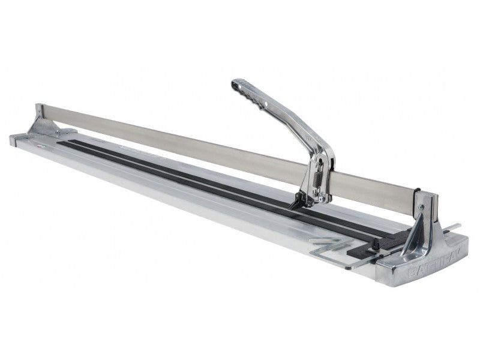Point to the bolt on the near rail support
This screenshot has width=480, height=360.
point(422,207)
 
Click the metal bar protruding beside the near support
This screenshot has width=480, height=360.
point(454,227)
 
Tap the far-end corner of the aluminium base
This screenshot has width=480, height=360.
point(12,139)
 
